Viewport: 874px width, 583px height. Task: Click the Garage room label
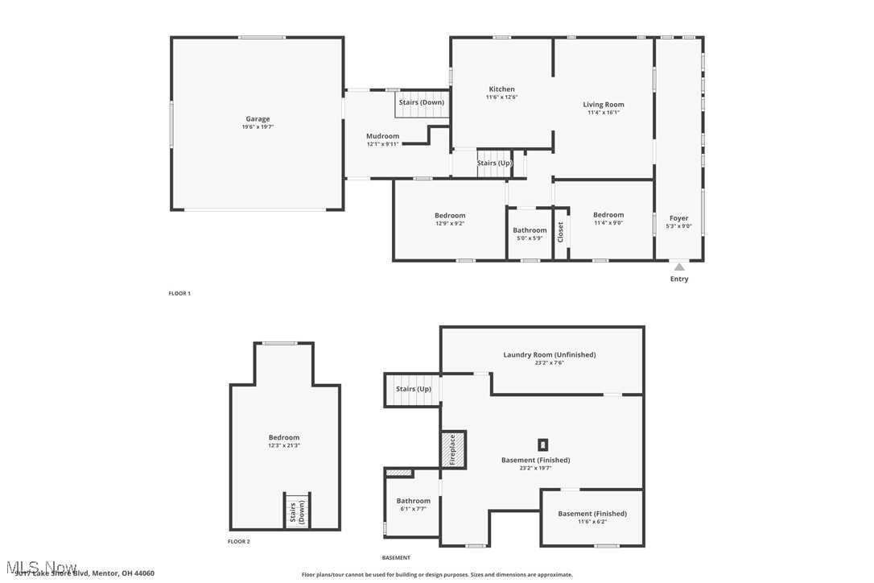258,119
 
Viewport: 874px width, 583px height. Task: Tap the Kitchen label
501,89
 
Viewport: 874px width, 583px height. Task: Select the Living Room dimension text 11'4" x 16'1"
604,113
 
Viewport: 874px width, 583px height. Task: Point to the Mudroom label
382,136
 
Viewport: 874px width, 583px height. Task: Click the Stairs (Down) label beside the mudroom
421,102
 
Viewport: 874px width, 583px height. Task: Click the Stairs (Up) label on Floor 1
494,163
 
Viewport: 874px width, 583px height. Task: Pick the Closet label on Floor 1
561,232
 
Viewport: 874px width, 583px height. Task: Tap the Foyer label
679,218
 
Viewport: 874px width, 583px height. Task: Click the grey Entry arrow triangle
679,267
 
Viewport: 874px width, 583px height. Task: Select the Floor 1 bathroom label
530,230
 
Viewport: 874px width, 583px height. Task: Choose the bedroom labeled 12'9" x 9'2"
450,216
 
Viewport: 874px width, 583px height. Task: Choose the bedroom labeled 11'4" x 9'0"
608,215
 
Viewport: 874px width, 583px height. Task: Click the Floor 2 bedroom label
284,437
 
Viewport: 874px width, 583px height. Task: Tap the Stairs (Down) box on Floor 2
297,511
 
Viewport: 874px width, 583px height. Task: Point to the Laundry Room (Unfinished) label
550,354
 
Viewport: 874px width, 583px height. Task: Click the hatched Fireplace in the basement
452,449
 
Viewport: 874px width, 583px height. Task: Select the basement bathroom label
413,501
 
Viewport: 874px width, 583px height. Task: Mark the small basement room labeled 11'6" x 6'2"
592,514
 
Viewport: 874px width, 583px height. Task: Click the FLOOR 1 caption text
179,294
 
